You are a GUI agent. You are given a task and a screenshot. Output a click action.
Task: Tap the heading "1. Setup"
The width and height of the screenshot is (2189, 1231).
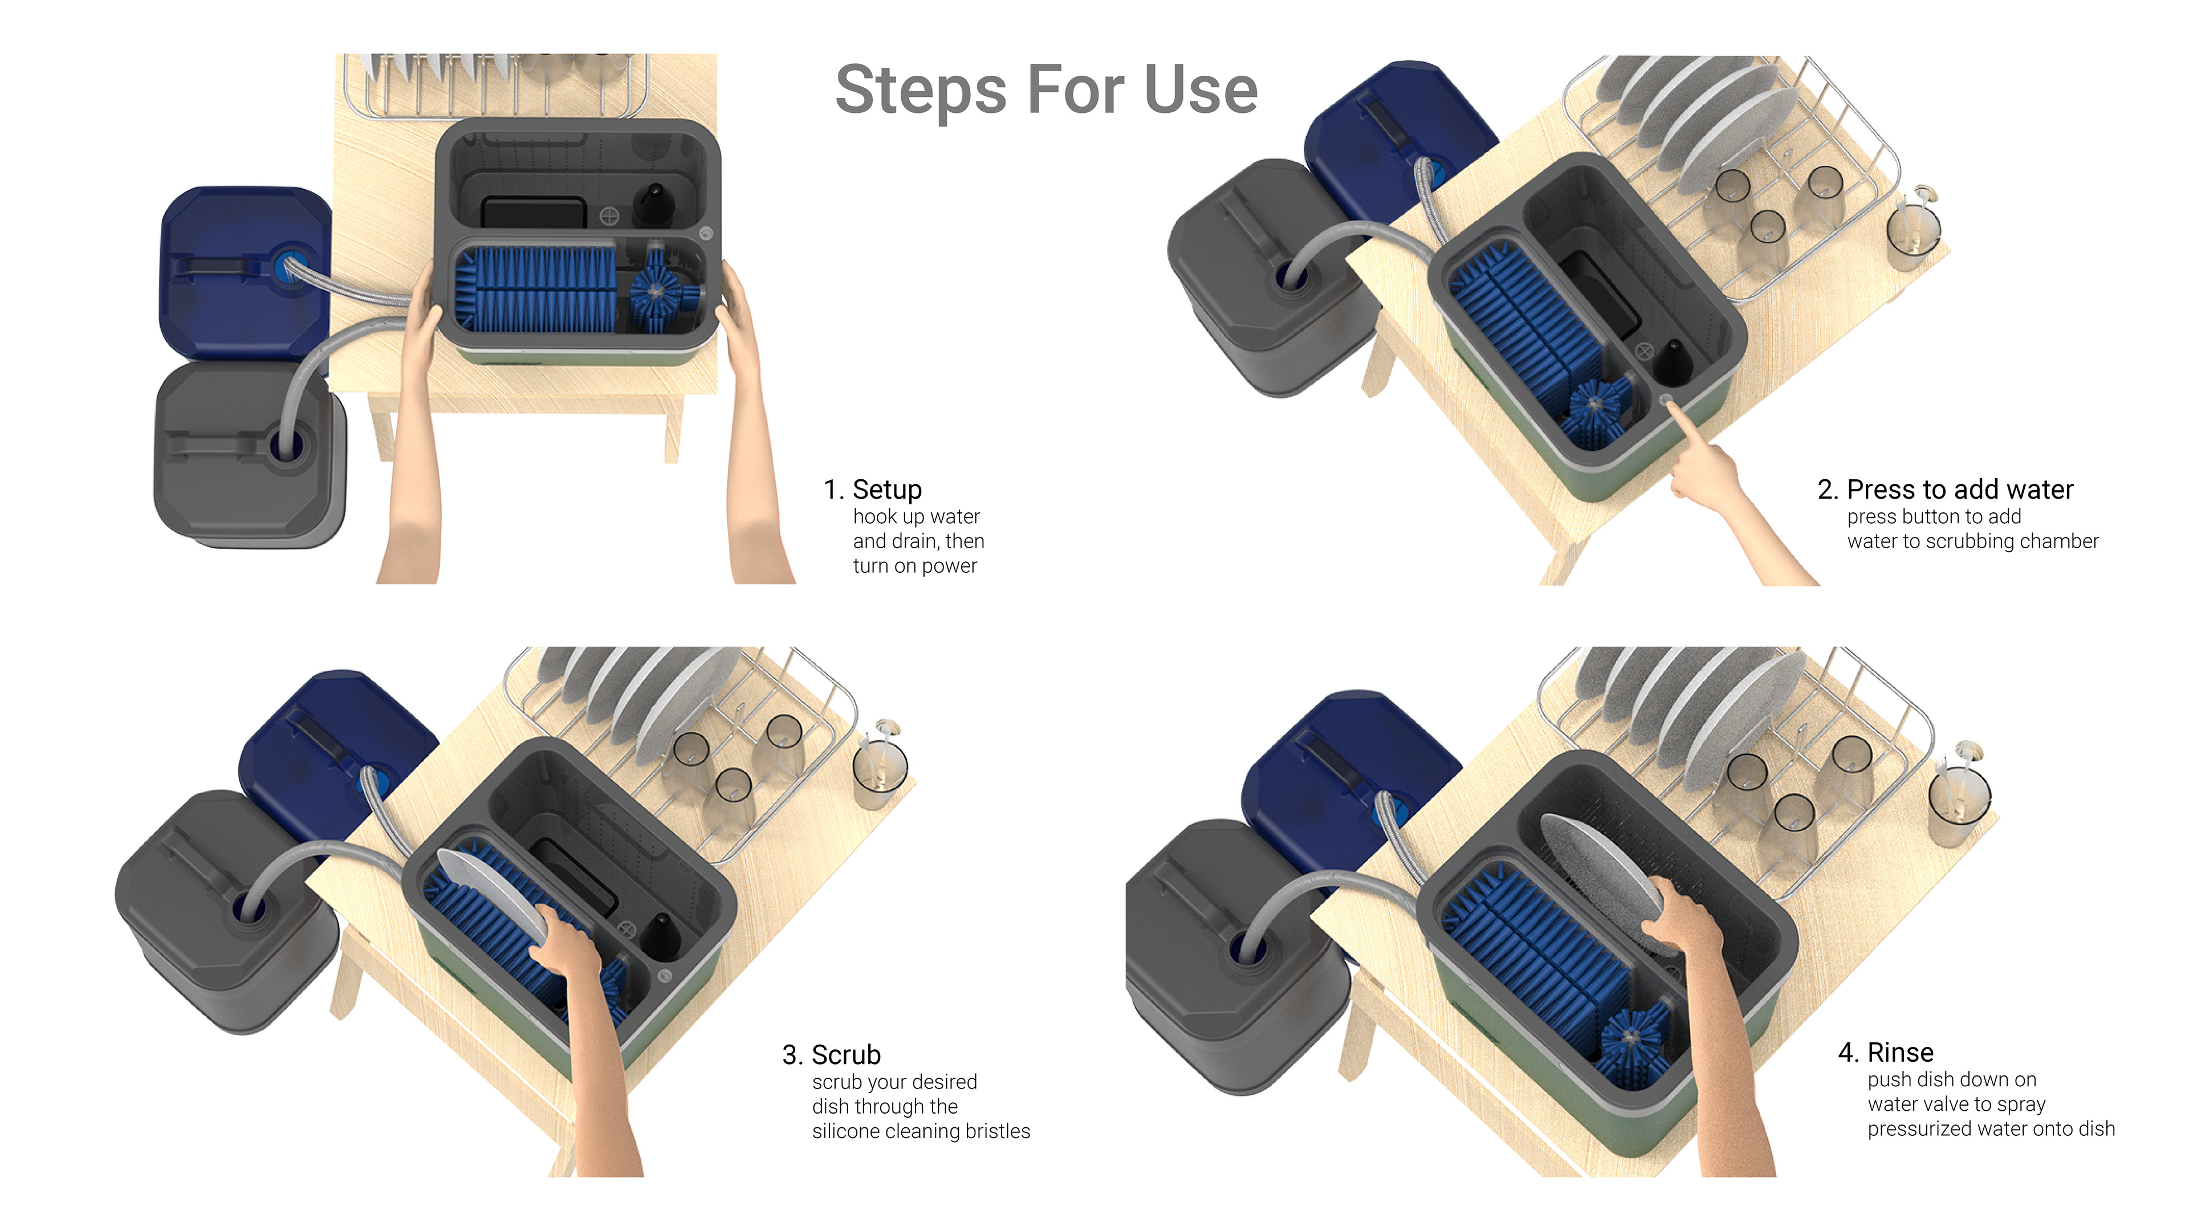873,490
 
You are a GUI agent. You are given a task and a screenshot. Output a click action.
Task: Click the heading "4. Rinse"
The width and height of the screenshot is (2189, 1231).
1886,1053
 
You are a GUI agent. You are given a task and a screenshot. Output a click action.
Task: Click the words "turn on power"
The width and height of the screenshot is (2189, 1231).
914,566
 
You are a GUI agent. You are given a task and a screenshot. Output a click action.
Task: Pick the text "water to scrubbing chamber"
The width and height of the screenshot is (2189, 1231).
1972,541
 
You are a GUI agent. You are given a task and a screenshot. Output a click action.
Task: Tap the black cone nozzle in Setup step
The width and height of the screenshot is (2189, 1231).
654,201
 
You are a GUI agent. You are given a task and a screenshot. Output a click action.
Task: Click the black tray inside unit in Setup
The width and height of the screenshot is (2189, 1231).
534,213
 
